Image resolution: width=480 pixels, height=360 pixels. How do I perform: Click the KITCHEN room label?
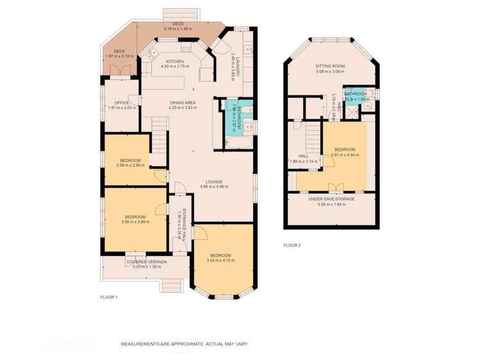click(157, 61)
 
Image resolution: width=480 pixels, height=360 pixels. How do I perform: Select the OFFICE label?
click(122, 102)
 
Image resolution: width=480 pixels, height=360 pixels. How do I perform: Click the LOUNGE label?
click(214, 181)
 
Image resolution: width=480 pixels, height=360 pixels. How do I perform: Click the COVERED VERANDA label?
click(147, 261)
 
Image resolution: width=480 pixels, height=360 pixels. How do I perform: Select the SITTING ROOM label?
click(330, 66)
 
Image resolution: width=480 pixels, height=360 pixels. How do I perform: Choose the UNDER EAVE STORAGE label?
click(331, 199)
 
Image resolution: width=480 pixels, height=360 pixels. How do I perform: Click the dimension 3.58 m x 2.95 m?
click(130, 165)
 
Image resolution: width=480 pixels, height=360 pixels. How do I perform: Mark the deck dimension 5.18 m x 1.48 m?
click(178, 29)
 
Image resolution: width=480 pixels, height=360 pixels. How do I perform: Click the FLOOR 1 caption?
click(109, 297)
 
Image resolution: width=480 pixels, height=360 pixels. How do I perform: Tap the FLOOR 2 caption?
click(292, 245)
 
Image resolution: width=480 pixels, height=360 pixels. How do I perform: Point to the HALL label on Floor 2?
click(303, 156)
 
